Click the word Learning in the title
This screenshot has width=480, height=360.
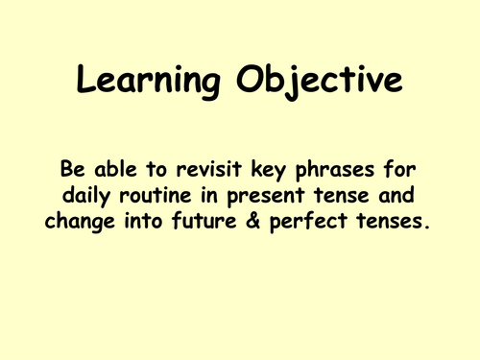[141, 84]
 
